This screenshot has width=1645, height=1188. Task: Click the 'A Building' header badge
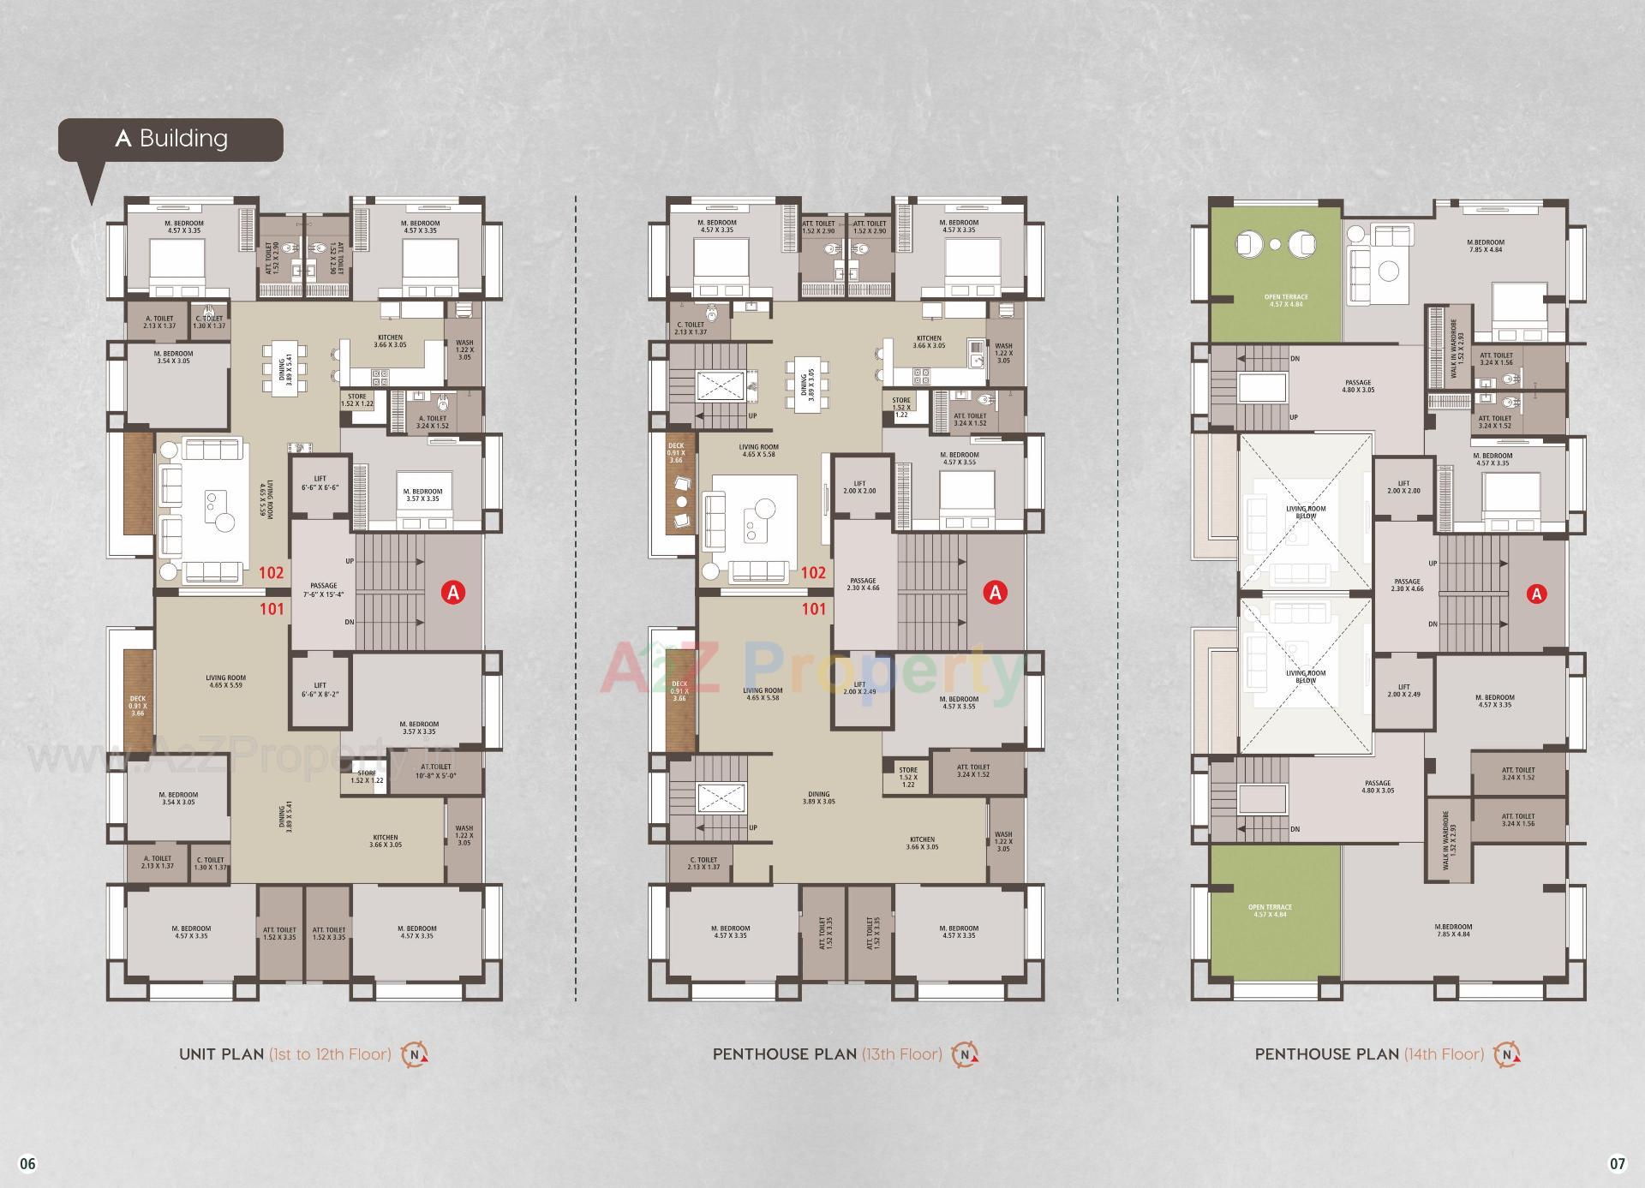[170, 139]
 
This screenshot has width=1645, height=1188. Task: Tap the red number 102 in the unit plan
[272, 573]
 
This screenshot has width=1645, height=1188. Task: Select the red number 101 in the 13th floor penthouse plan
[814, 609]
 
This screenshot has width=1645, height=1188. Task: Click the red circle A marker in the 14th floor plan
[1537, 594]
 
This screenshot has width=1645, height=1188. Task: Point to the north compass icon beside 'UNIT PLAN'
[415, 1054]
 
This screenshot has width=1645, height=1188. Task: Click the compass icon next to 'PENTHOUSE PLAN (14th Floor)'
[1506, 1054]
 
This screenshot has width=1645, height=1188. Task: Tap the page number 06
[28, 1163]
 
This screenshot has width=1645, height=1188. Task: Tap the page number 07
[1617, 1163]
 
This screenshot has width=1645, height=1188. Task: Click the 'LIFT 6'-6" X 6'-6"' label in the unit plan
[320, 483]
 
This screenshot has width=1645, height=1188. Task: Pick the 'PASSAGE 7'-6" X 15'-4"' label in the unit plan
[324, 590]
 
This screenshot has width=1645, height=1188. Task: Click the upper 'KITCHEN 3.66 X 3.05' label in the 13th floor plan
[928, 342]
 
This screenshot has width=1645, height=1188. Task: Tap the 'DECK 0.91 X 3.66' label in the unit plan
[138, 706]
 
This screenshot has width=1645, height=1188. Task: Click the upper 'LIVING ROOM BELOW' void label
[1306, 512]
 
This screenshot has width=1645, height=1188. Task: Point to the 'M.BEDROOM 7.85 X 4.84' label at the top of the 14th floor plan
[1485, 246]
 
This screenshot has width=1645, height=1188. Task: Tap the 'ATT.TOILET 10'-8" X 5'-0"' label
[436, 771]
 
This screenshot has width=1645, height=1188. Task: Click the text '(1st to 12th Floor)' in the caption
[330, 1054]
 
